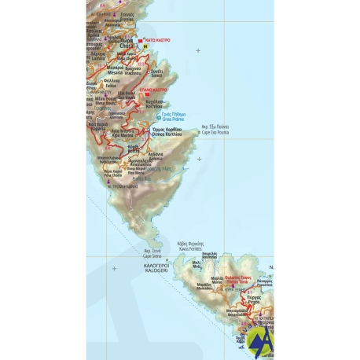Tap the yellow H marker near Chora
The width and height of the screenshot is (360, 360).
point(145,46)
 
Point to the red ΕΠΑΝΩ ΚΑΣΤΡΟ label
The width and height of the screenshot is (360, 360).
point(150,90)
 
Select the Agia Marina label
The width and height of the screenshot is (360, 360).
point(123,132)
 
